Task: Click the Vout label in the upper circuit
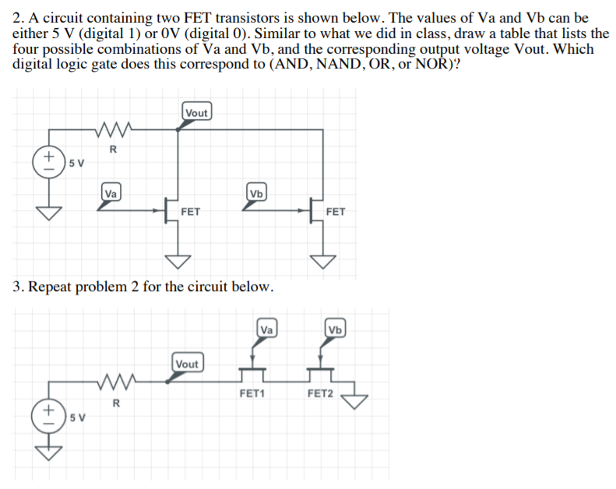coord(197,113)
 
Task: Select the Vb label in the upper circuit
coord(256,193)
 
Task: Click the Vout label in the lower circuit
coord(187,364)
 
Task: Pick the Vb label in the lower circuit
coord(335,329)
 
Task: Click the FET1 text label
coord(252,394)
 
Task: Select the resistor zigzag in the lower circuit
coord(114,382)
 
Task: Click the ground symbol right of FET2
coord(357,400)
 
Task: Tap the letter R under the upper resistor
coord(113,150)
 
